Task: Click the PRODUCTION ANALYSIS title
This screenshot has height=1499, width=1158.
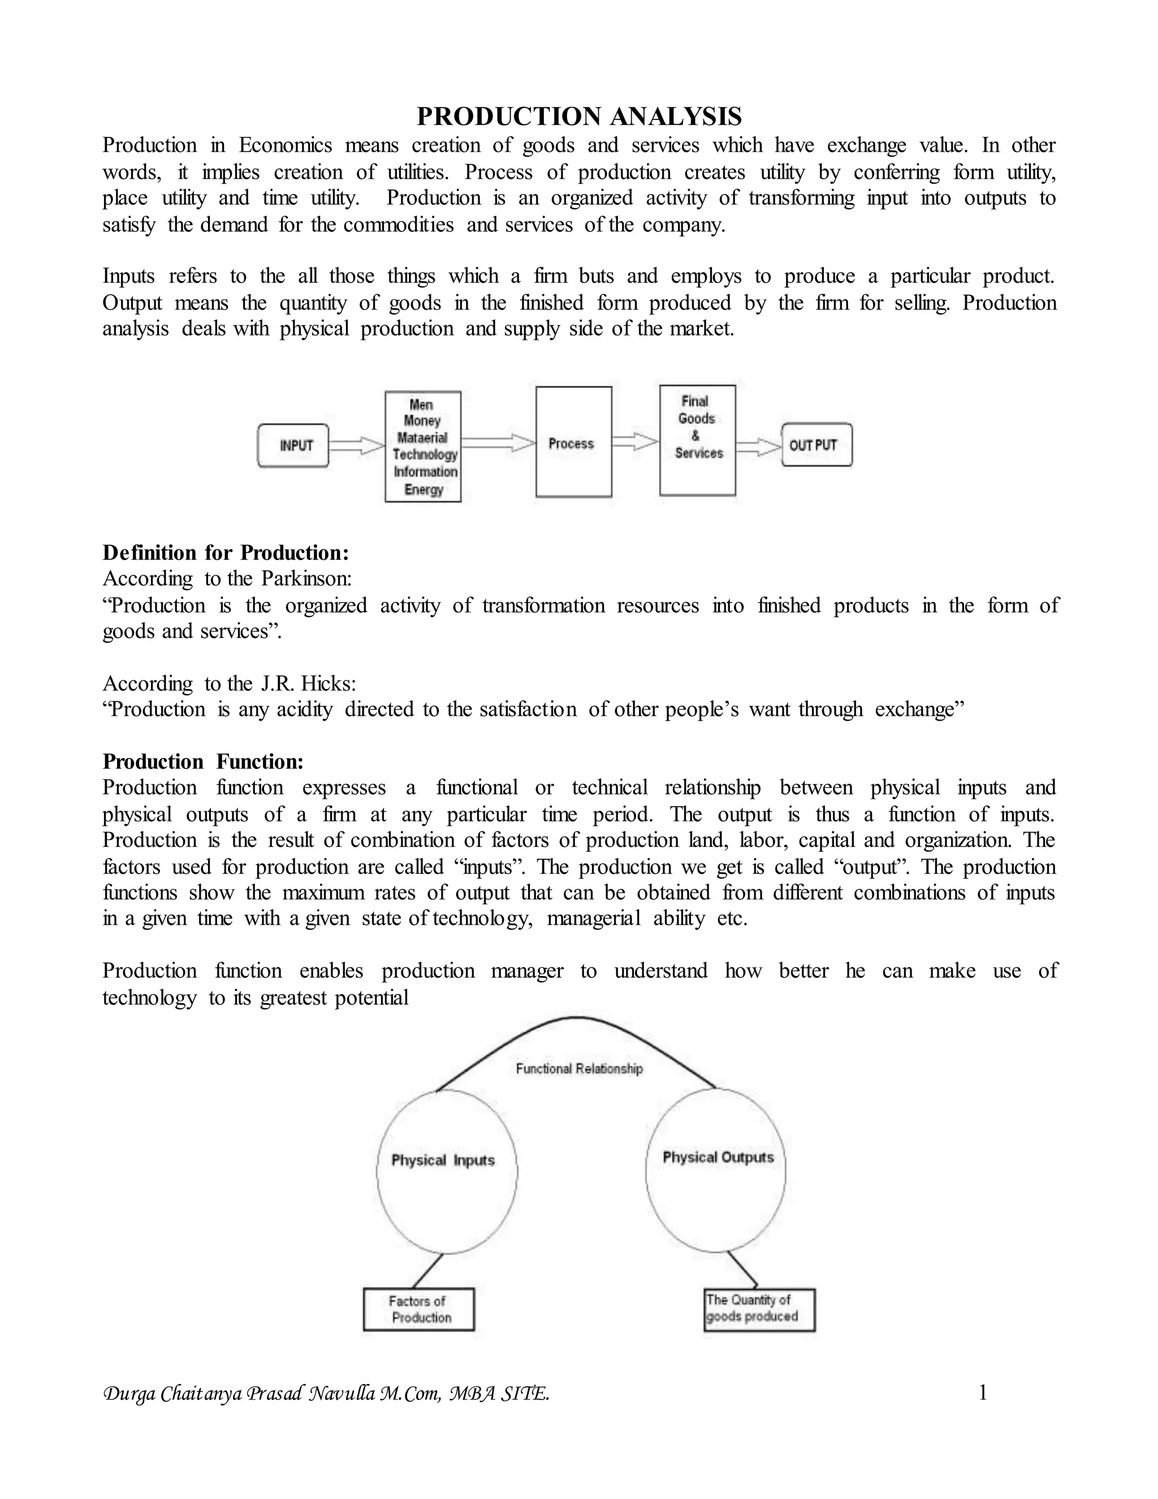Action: (x=579, y=117)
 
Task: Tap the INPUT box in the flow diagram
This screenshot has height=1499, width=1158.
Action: (x=293, y=445)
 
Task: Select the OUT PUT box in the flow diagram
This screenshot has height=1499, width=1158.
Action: (x=816, y=445)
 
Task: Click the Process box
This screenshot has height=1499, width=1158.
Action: (x=573, y=443)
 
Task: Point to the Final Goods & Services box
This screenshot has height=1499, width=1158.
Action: (x=697, y=440)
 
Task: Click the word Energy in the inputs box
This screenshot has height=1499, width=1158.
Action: (x=424, y=489)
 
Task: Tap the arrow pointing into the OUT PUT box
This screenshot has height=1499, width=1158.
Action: (x=759, y=447)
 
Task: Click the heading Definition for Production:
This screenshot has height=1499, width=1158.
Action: (x=226, y=553)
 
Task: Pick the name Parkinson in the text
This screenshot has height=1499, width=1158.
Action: (x=306, y=579)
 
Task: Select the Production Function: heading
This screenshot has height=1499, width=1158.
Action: (x=203, y=761)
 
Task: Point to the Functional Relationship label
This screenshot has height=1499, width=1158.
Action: (x=579, y=1069)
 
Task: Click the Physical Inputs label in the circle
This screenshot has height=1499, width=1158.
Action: (x=443, y=1160)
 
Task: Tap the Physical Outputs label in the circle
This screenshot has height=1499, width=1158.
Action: (x=718, y=1157)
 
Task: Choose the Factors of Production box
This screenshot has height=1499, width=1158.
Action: (x=418, y=1310)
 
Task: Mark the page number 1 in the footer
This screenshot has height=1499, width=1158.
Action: (x=982, y=1393)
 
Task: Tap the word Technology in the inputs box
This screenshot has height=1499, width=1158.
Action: (x=425, y=454)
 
